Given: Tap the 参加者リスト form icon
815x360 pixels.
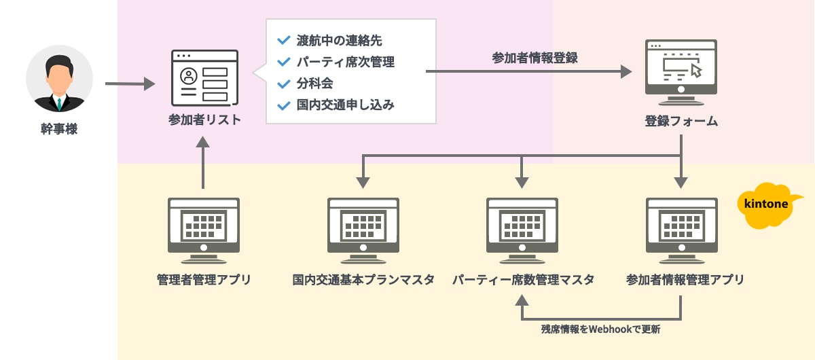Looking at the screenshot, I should tap(204, 77).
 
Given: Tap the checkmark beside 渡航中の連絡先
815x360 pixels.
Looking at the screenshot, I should tap(283, 40).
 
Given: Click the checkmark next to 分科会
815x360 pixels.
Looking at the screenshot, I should tap(283, 84).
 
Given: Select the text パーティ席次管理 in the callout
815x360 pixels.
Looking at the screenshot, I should tap(345, 62).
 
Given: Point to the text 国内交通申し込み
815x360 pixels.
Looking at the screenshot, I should tap(345, 106).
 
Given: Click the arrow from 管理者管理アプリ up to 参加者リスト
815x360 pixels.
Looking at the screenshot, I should tap(203, 163).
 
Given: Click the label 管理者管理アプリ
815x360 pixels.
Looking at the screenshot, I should tap(204, 279).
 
